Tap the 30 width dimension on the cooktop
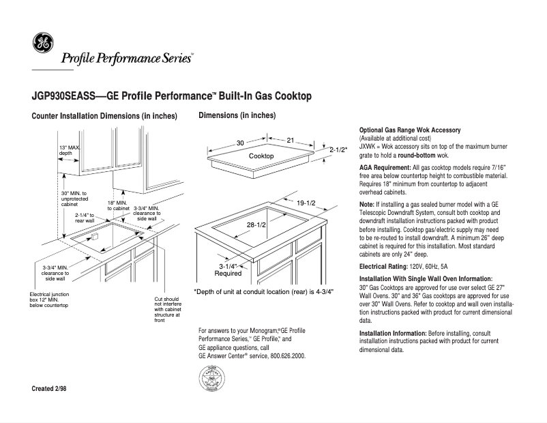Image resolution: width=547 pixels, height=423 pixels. (240, 143)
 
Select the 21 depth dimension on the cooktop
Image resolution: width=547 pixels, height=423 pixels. (290, 140)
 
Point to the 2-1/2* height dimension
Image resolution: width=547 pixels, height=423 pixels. (338, 149)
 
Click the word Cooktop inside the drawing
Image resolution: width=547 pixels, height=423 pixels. (261, 157)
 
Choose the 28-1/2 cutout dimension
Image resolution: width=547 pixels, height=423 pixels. (256, 224)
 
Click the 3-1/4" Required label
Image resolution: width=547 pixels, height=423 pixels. (228, 269)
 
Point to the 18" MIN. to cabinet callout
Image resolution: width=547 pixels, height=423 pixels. (117, 205)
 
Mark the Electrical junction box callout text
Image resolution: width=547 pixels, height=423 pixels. (49, 300)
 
